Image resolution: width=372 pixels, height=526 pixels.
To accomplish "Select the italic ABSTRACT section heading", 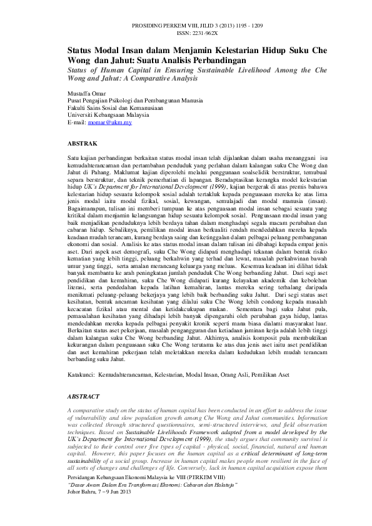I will coord(83,396).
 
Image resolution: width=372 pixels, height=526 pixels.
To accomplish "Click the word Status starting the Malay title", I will coord(81,49).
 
